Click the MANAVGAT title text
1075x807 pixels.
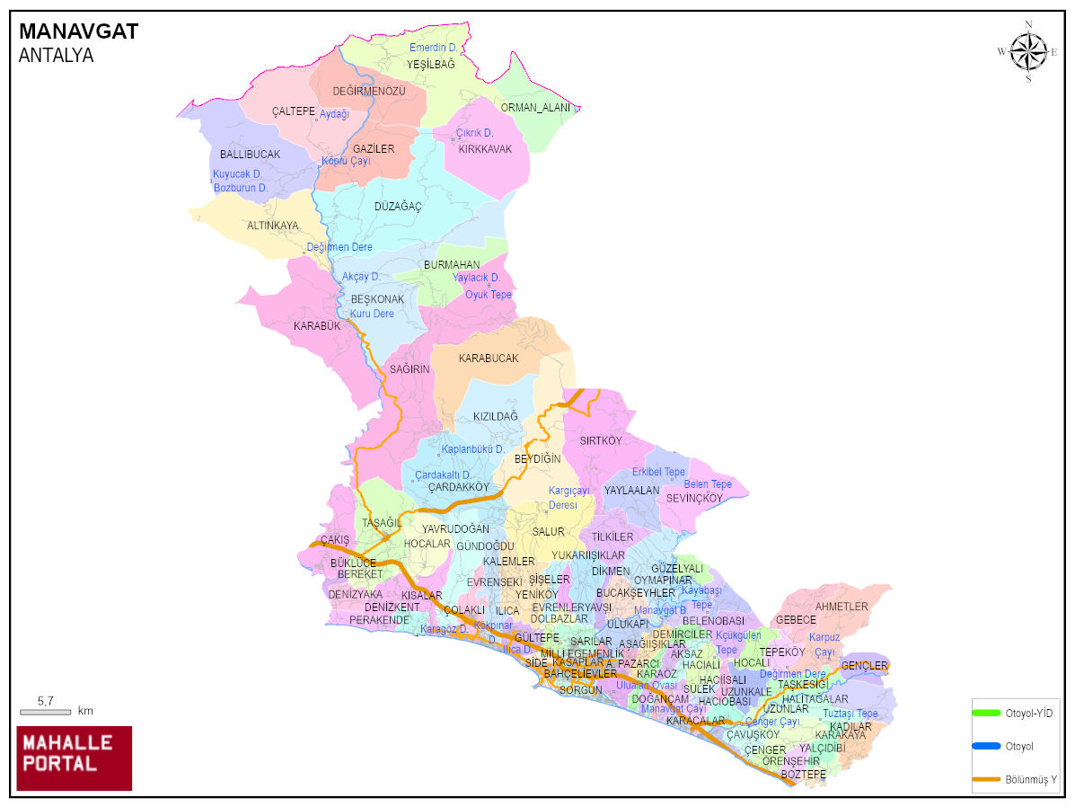[x=78, y=32]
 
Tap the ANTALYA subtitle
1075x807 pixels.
[x=56, y=56]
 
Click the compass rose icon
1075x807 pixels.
[x=1028, y=51]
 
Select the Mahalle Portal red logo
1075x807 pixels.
[x=75, y=758]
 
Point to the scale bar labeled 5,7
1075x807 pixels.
[x=45, y=711]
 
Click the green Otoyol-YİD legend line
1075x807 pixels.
[x=985, y=713]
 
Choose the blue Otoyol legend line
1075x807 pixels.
[x=985, y=746]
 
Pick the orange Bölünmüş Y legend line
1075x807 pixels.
[x=985, y=778]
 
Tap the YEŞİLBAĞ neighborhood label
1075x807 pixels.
[x=430, y=65]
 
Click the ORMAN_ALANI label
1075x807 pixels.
[x=535, y=108]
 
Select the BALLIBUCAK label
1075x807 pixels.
[x=250, y=155]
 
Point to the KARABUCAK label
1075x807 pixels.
[x=489, y=359]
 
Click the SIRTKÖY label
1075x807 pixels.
[x=600, y=441]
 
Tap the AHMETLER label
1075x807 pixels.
[x=841, y=607]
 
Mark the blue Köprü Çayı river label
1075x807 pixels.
[x=346, y=161]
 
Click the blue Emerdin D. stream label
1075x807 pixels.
[x=433, y=48]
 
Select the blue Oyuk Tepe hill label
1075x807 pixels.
[x=488, y=295]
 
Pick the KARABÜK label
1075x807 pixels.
[x=317, y=326]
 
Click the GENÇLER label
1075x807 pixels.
[x=864, y=666]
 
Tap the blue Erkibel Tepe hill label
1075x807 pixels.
[x=658, y=472]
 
